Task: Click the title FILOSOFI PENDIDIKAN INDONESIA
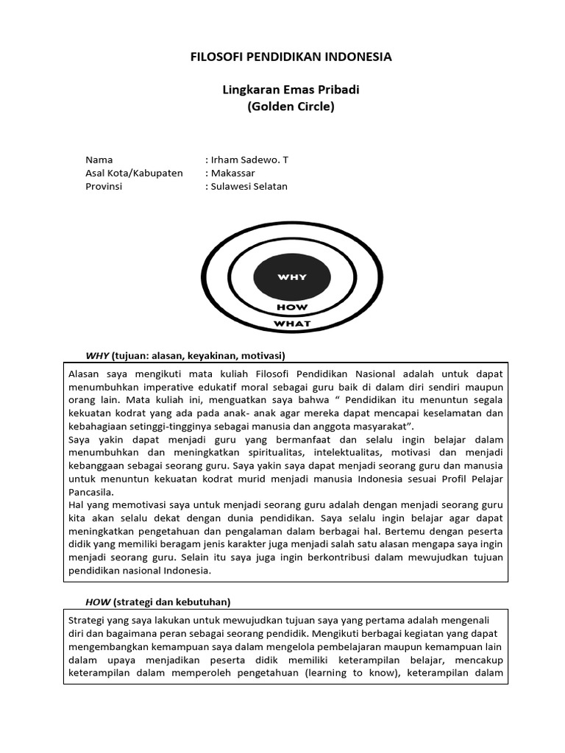291,57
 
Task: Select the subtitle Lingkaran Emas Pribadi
291,90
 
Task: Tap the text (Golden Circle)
291,106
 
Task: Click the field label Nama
99,160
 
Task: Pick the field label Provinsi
104,186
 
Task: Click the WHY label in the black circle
292,277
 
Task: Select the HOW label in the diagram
292,307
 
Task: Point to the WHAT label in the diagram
292,324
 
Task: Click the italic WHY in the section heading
97,356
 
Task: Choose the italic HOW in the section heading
97,602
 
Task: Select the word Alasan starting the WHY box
84,374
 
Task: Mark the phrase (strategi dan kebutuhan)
171,602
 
